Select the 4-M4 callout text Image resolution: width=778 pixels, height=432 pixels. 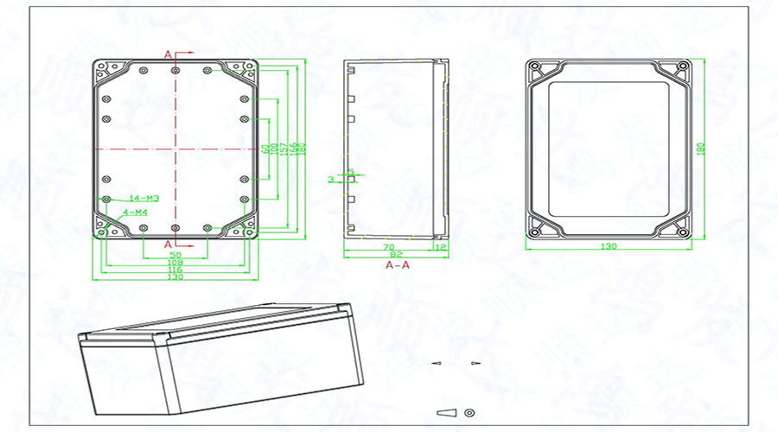136,212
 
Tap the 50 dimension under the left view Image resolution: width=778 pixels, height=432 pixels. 175,256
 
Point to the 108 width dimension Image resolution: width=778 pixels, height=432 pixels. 175,263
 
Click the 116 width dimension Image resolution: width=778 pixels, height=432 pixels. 175,270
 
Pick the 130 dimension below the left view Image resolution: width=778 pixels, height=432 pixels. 175,277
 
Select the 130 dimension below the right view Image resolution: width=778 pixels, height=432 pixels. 610,247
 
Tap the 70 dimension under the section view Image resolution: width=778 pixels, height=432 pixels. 389,247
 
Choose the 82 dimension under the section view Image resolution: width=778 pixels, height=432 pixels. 395,255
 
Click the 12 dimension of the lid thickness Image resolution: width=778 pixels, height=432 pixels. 441,247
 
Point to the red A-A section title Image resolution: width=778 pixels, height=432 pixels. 397,266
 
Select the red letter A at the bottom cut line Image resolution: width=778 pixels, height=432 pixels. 168,245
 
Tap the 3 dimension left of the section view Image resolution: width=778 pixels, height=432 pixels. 331,179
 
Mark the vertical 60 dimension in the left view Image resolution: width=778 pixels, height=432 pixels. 265,149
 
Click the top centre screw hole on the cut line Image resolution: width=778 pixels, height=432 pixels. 175,69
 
